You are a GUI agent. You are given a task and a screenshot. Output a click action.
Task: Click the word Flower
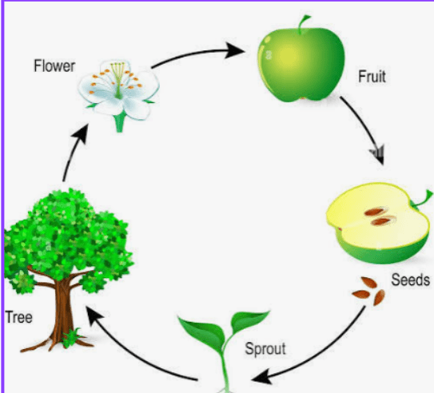point(54,66)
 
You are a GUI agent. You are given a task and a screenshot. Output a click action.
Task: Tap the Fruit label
point(372,77)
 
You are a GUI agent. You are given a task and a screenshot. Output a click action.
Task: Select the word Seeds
point(411,280)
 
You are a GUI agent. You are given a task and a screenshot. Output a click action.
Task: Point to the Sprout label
point(265,349)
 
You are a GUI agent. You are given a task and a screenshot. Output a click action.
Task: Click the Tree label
point(19,317)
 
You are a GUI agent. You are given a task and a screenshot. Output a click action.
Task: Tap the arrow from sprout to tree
point(133,354)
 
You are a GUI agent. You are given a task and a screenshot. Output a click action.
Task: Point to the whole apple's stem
point(303,23)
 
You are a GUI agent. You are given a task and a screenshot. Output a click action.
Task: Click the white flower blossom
point(119,90)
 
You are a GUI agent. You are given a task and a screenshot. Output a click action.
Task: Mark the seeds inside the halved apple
point(380,216)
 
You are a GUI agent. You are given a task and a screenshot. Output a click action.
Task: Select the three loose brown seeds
point(368,292)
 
